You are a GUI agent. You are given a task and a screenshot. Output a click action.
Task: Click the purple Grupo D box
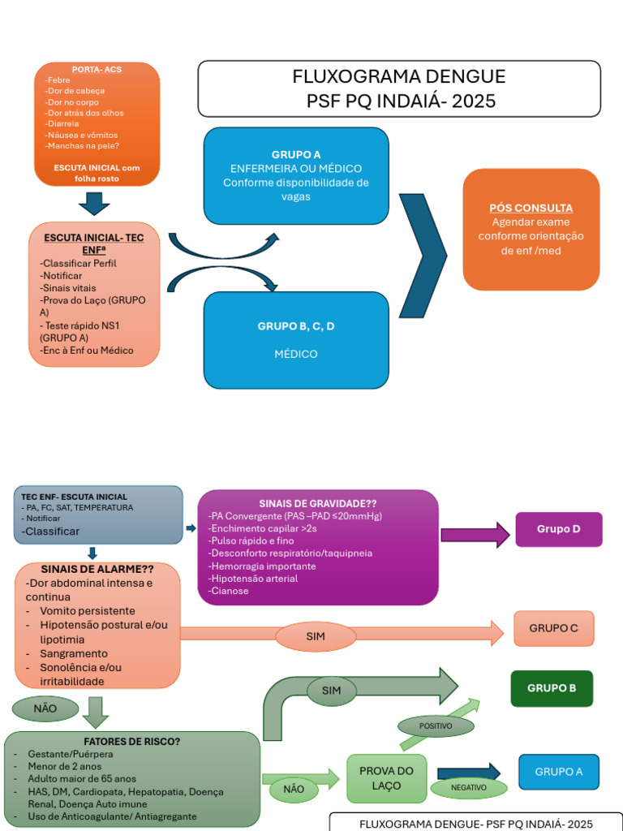point(559,529)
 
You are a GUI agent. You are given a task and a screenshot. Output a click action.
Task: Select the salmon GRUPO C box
point(553,628)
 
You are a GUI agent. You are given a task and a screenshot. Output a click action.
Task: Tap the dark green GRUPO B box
point(552,688)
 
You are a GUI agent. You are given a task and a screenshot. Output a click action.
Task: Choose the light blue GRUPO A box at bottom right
point(558,772)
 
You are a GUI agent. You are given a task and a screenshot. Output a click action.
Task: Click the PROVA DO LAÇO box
point(386,778)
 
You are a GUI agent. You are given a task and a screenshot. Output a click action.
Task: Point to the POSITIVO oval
point(436,726)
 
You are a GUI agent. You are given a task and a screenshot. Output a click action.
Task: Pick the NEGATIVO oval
point(469,787)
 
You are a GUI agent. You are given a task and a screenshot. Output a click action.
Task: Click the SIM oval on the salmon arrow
point(316,637)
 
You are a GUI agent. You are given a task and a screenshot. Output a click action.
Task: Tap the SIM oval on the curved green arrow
point(331,691)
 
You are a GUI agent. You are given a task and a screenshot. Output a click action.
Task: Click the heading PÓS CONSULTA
point(531,208)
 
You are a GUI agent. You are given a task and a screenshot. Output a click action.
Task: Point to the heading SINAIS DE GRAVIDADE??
point(318,503)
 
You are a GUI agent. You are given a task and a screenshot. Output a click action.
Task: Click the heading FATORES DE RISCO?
point(132,742)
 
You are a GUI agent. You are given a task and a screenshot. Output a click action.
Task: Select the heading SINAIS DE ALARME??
point(97,569)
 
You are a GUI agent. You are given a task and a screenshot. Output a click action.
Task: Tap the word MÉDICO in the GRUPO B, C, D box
point(295,354)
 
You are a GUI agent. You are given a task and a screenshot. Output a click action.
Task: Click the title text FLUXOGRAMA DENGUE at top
point(398,77)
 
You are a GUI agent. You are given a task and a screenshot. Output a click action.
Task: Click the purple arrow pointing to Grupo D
point(474,534)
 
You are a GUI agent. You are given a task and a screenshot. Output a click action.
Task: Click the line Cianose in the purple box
point(229,591)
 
